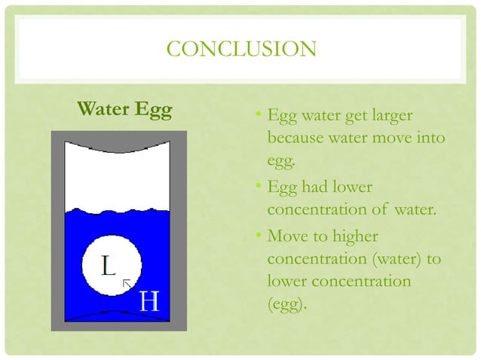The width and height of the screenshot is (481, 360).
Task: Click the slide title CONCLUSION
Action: pyautogui.click(x=240, y=50)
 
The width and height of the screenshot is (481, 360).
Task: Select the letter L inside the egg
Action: pyautogui.click(x=109, y=266)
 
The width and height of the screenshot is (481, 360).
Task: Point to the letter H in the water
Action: pyautogui.click(x=150, y=302)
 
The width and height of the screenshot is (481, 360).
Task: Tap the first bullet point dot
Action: pyautogui.click(x=257, y=116)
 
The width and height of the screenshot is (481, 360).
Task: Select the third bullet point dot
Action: pyautogui.click(x=257, y=238)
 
